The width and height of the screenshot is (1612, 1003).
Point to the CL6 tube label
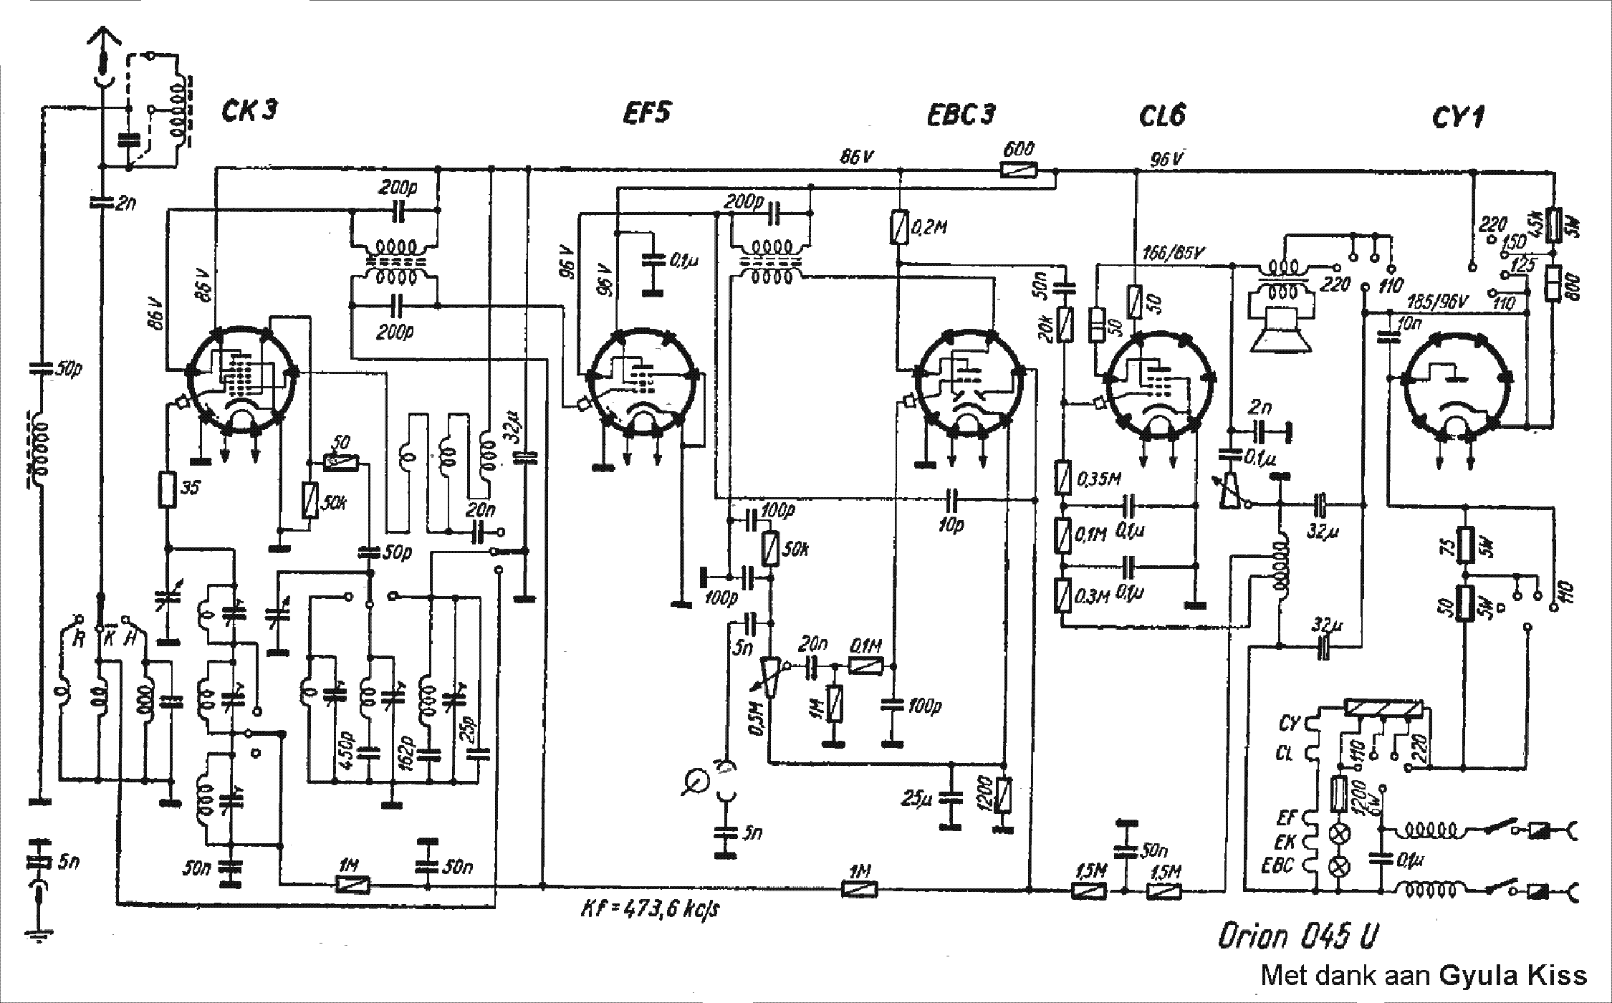1162,116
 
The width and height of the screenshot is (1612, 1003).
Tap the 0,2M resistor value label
930,228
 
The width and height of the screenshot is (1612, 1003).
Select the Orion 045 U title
1297,936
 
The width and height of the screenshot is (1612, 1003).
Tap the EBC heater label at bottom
1277,865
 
